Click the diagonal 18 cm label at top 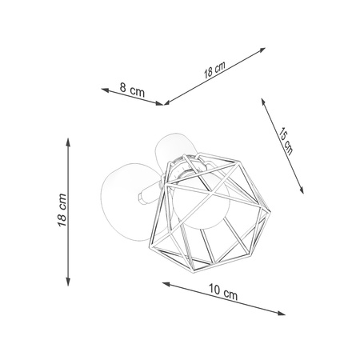[x=214, y=70]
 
